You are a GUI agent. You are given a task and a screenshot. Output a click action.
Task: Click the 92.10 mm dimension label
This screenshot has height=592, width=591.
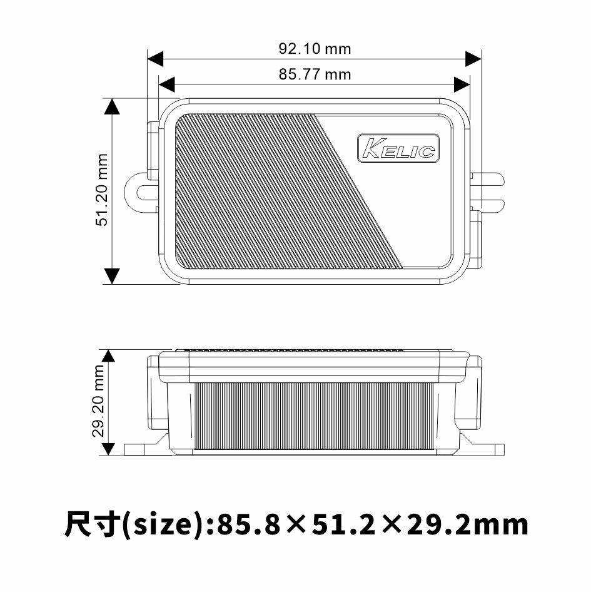pos(315,48)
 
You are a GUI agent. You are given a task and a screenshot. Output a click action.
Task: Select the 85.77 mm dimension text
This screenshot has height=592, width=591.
pos(315,74)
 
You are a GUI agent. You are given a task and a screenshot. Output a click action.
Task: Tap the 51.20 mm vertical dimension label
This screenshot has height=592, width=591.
pos(102,190)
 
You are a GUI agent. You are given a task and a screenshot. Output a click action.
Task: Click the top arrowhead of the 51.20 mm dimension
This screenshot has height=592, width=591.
pos(111,106)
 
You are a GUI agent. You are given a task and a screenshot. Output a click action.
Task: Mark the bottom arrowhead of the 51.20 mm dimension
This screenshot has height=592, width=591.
pos(111,275)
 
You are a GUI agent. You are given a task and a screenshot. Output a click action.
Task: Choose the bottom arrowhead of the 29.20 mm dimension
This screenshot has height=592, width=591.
pos(109,447)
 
